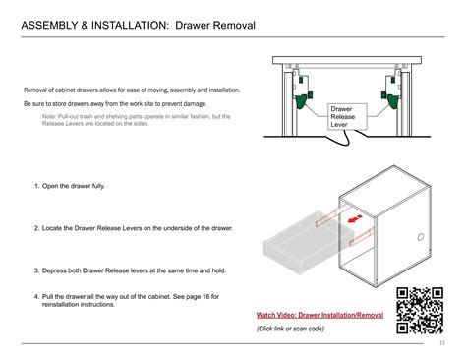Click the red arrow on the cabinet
coord(348,220)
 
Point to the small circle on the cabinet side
coord(420,237)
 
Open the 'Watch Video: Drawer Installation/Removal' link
coord(320,314)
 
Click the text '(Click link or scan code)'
coord(291,329)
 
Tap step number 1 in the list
coord(35,186)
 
